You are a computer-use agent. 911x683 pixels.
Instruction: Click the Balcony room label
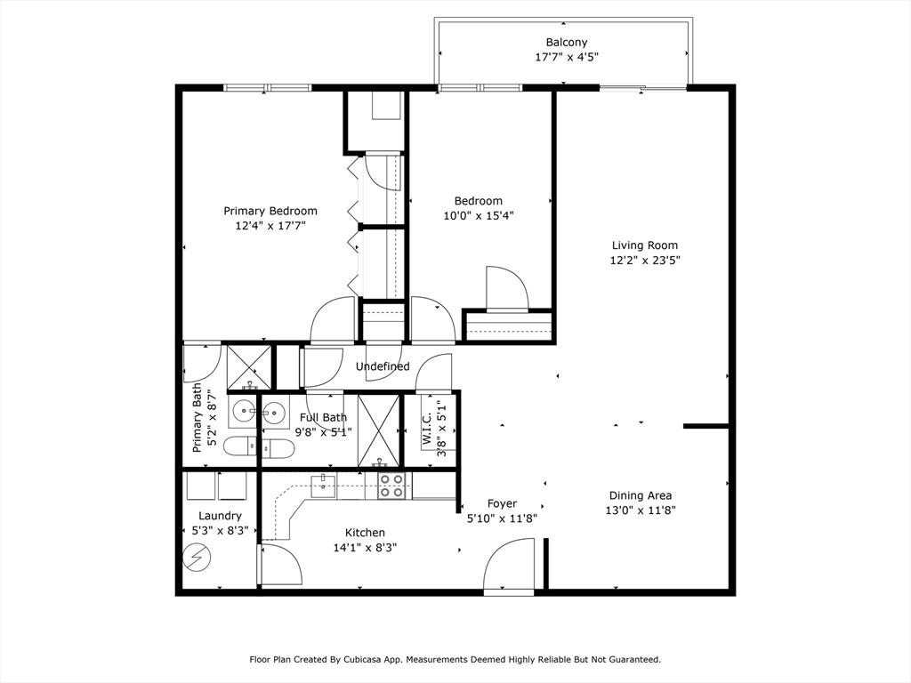click(567, 43)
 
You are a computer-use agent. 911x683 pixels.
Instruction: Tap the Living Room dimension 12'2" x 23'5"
click(645, 261)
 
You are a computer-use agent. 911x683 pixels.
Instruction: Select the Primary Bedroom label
click(270, 211)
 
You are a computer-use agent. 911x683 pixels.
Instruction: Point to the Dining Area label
click(641, 495)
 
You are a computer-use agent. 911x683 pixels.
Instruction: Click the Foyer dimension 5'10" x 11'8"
click(502, 518)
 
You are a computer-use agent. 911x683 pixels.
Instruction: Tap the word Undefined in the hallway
click(383, 366)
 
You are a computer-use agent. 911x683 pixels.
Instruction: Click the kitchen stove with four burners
click(391, 486)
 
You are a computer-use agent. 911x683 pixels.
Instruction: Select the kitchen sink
click(323, 486)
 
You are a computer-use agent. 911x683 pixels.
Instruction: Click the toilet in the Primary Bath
click(240, 446)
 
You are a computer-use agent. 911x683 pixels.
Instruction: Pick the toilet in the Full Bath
click(278, 449)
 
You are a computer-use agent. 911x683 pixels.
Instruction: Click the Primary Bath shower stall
click(249, 367)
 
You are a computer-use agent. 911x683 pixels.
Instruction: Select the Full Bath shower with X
click(379, 430)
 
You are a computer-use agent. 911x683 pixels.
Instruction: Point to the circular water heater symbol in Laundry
click(197, 558)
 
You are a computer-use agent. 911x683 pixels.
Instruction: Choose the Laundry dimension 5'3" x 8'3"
click(221, 530)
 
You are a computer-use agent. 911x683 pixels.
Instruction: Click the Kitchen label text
click(365, 533)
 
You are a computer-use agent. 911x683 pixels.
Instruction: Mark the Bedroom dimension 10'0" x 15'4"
click(479, 216)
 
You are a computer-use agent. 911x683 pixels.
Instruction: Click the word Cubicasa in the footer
click(361, 660)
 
